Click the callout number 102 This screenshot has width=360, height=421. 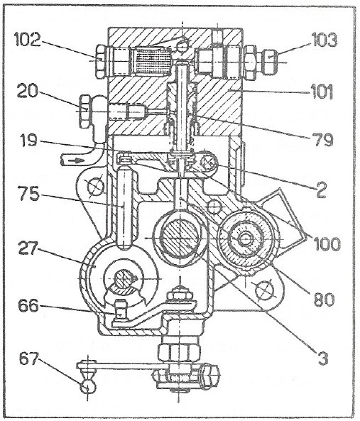tap(28, 40)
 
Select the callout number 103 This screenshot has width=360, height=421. tap(324, 40)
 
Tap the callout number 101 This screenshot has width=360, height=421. tap(322, 92)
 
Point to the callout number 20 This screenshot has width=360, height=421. tap(26, 91)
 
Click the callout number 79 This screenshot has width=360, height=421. tap(324, 140)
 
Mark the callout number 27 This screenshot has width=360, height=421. tap(28, 248)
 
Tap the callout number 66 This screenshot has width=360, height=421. tap(28, 305)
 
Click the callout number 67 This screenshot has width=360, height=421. tap(29, 359)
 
